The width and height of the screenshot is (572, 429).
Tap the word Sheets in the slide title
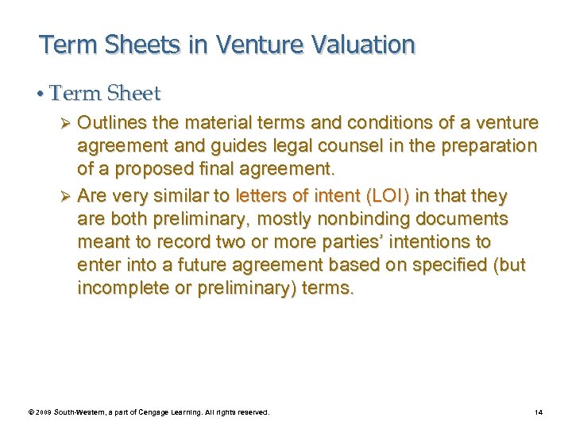coord(142,44)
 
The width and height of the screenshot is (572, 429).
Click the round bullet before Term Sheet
coord(41,95)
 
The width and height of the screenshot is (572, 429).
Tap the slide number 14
coord(538,412)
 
